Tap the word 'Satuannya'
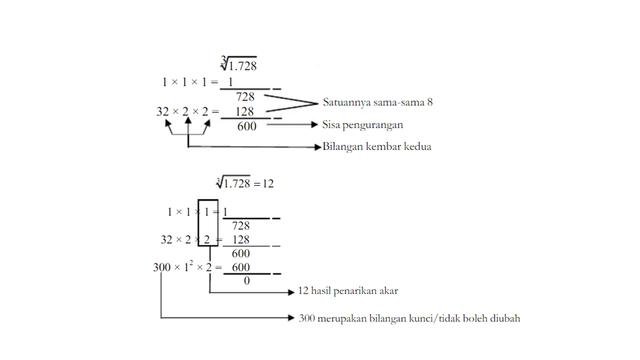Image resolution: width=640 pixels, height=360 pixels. tap(345, 102)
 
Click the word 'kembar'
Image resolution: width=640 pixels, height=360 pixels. tap(381, 147)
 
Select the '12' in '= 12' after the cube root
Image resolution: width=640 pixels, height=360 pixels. tap(269, 185)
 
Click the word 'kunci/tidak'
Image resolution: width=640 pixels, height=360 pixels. tap(445, 319)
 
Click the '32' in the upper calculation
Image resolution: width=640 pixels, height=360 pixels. tap(166, 111)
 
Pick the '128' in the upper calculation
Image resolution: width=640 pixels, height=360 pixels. tap(245, 111)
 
